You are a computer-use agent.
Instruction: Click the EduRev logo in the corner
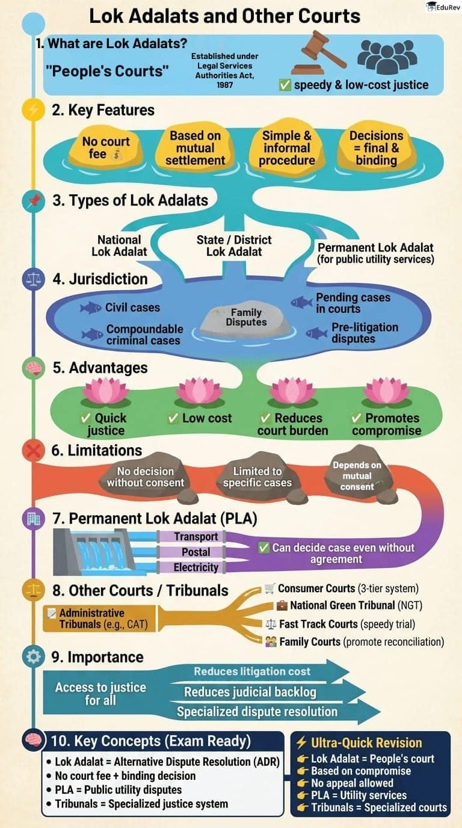pyautogui.click(x=440, y=7)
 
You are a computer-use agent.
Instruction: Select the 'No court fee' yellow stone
pyautogui.click(x=106, y=148)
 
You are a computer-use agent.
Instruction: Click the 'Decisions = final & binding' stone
pyautogui.click(x=376, y=148)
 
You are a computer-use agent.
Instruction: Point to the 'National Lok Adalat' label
pyautogui.click(x=119, y=246)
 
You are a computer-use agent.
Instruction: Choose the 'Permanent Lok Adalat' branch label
pyautogui.click(x=375, y=253)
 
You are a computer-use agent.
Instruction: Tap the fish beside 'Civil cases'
pyautogui.click(x=91, y=308)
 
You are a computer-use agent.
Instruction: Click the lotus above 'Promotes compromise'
pyautogui.click(x=386, y=392)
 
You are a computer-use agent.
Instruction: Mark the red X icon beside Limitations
pyautogui.click(x=31, y=451)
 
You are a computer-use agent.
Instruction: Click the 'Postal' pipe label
pyautogui.click(x=196, y=552)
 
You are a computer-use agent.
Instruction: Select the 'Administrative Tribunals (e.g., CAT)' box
pyautogui.click(x=96, y=619)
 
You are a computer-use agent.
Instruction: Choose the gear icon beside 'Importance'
pyautogui.click(x=31, y=657)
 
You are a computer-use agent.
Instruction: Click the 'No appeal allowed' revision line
pyautogui.click(x=351, y=783)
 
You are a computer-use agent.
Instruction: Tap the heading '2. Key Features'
pyautogui.click(x=103, y=110)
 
